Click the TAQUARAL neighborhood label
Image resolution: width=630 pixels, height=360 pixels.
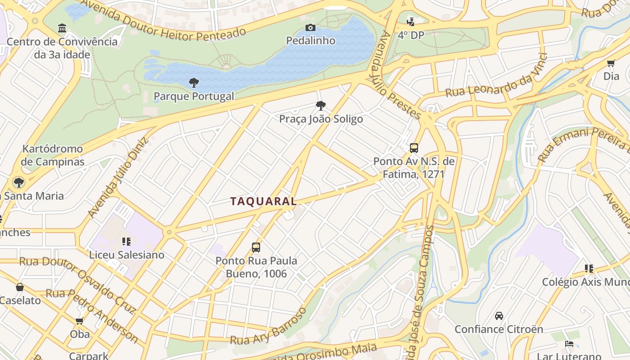pos(264,201)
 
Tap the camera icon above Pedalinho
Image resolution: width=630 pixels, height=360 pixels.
pos(310,28)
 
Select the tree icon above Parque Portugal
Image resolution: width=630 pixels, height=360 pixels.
pos(194,82)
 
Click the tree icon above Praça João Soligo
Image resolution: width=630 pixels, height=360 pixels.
pos(321,106)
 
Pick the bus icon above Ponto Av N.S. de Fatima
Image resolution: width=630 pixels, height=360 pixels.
pos(414,148)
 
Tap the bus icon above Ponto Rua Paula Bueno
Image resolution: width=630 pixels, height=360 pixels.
pos(256,247)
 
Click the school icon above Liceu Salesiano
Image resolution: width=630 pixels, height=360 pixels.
pos(126,242)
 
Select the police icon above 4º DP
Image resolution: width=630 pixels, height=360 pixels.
pos(410,21)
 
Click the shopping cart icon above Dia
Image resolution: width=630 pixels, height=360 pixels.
pos(611,63)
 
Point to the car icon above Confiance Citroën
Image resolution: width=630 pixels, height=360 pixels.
pos(499,316)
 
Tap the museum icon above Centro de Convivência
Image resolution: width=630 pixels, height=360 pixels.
pos(62,29)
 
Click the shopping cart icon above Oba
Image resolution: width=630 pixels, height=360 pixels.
pos(80,321)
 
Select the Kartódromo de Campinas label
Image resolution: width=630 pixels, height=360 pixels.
pos(53,155)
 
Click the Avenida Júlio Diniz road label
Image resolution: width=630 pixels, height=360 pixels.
pos(118,177)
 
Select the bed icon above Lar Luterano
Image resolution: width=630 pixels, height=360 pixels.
pos(569,344)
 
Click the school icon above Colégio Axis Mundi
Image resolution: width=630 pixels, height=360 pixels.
pos(589,269)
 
